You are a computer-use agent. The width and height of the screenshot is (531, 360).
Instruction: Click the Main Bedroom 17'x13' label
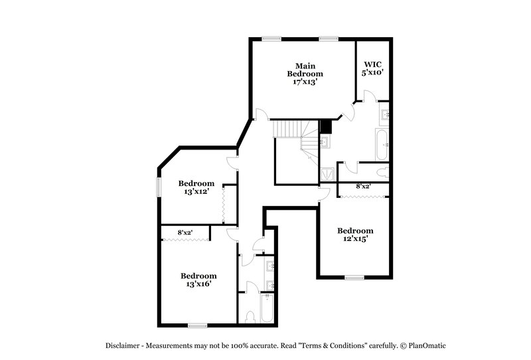pyautogui.click(x=305, y=74)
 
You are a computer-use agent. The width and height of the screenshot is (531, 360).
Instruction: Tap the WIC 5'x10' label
pyautogui.click(x=372, y=68)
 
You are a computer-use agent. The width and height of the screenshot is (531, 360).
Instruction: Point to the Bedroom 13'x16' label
pyautogui.click(x=198, y=280)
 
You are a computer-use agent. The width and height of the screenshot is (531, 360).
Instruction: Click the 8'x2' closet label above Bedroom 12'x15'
pyautogui.click(x=363, y=187)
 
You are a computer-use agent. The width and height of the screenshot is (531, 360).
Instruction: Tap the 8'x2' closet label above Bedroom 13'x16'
pyautogui.click(x=185, y=232)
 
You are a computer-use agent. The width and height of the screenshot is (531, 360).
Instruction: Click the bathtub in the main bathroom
pyautogui.click(x=382, y=145)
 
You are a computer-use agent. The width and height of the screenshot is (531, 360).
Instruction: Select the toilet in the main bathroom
pyautogui.click(x=382, y=171)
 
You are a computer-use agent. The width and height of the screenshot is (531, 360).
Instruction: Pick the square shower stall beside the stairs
pyautogui.click(x=328, y=173)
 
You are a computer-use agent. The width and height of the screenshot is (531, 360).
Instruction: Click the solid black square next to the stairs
pyautogui.click(x=325, y=126)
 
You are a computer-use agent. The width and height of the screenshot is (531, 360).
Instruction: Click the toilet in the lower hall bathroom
pyautogui.click(x=250, y=316)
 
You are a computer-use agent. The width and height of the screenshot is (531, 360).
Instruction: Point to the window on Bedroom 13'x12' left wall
pyautogui.click(x=158, y=187)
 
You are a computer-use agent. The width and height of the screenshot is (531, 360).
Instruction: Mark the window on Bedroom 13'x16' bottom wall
pyautogui.click(x=197, y=325)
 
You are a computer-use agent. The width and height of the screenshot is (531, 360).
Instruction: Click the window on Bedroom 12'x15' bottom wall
pyautogui.click(x=354, y=277)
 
